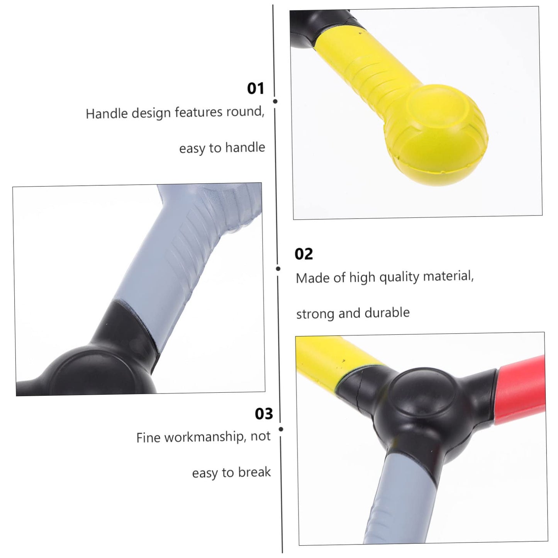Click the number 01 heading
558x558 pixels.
click(x=256, y=88)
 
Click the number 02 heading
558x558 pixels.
click(x=304, y=254)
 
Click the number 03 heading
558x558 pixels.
click(x=264, y=414)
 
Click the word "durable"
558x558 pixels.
click(x=387, y=312)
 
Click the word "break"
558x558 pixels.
click(x=254, y=472)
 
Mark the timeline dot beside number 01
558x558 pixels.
click(x=275, y=102)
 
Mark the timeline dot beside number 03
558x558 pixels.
click(x=281, y=429)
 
